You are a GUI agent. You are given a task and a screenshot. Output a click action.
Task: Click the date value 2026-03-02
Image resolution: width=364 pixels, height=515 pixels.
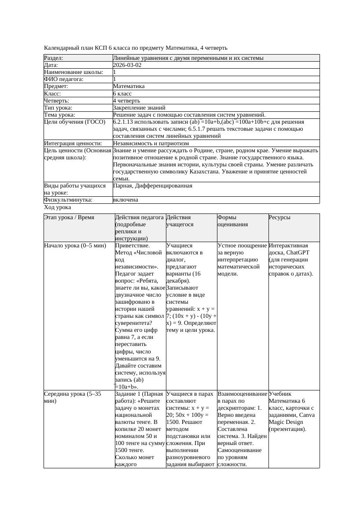[x=127, y=65]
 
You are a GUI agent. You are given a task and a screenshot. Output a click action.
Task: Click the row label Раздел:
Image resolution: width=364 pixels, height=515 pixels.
[x=54, y=58]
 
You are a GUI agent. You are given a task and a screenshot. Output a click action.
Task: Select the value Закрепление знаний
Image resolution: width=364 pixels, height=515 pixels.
[x=139, y=107]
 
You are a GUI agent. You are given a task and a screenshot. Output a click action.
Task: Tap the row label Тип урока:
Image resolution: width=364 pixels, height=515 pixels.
[x=58, y=107]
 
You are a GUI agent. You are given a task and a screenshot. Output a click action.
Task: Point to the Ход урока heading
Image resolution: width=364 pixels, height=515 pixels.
[x=58, y=207]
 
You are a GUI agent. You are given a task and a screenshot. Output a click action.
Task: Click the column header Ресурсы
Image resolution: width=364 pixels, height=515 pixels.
[x=279, y=217]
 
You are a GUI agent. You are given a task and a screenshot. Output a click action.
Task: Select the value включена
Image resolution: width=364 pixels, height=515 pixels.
[x=125, y=200]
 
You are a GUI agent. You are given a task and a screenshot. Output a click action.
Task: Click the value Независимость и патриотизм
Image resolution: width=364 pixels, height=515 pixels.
[x=151, y=143]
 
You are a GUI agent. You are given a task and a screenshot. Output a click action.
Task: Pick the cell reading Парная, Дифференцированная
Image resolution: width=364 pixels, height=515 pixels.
[x=153, y=186]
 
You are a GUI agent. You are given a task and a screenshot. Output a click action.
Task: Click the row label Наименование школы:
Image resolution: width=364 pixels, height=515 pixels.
[x=74, y=72]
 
